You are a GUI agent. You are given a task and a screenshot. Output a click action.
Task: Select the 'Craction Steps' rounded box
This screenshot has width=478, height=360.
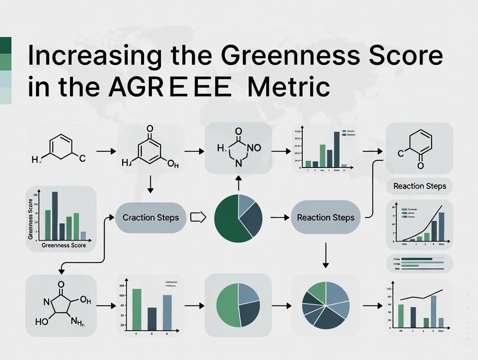click(x=151, y=217)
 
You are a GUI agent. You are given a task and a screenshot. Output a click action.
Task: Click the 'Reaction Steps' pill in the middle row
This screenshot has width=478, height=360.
click(x=326, y=217)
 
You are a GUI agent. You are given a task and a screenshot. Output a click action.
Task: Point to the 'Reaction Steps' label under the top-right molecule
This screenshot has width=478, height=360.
click(x=419, y=186)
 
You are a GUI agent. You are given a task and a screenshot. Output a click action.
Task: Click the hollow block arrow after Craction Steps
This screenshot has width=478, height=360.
click(x=197, y=217)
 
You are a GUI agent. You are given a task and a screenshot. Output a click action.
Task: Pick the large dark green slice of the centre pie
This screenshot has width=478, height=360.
click(x=229, y=221)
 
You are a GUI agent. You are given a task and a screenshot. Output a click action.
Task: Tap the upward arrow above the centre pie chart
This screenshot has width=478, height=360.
click(x=238, y=183)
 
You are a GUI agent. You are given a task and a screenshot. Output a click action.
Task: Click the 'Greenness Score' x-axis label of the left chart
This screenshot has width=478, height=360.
click(x=64, y=245)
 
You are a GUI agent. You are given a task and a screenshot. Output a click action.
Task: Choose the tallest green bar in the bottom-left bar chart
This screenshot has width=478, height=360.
click(x=137, y=309)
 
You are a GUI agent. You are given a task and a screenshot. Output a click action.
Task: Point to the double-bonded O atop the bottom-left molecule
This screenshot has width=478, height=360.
click(x=61, y=284)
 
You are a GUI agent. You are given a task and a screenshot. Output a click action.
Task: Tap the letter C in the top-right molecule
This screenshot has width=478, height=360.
click(x=400, y=152)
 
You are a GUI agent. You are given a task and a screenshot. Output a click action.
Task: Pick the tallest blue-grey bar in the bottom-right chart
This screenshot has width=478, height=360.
click(x=433, y=311)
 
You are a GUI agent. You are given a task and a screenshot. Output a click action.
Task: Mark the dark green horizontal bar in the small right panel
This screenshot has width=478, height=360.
click(x=417, y=259)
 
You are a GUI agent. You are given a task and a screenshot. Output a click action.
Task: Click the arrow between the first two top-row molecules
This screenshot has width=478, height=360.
click(x=106, y=151)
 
